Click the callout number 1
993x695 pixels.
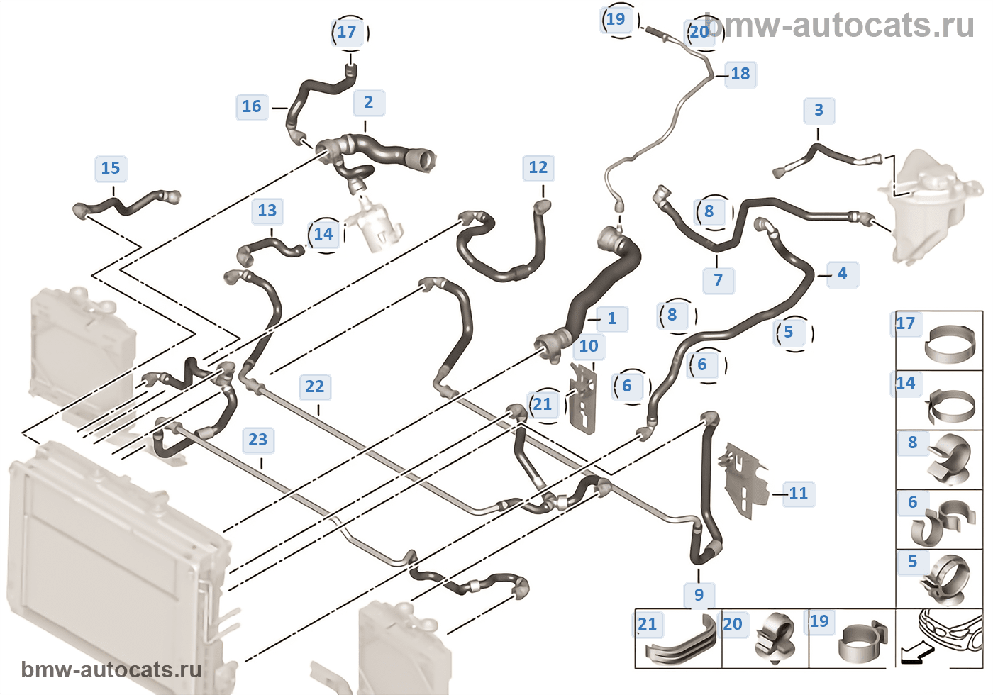coord(611,318)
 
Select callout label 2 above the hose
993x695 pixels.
coord(369,103)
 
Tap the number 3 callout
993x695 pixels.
coord(819,111)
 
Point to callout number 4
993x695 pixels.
coord(842,274)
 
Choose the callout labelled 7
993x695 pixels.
coord(719,280)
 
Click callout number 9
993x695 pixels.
coord(699,595)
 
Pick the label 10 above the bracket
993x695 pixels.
coord(589,346)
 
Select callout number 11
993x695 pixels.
coord(798,494)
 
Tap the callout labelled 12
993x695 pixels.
coord(538,168)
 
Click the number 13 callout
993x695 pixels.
coord(267,211)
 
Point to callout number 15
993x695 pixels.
coord(111,168)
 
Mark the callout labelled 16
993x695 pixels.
coord(252,106)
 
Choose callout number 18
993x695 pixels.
coord(740,74)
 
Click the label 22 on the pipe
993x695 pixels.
coord(314,387)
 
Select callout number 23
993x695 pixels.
coord(258,440)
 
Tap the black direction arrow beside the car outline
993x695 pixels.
coord(913,655)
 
